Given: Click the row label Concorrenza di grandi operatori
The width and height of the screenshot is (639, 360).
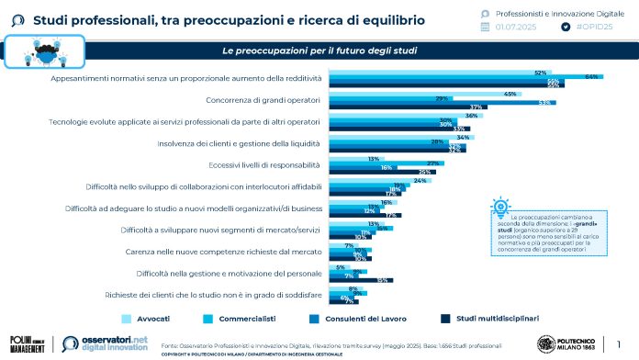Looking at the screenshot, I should point(260,98).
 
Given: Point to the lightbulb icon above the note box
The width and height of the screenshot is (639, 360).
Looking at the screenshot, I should point(500,206).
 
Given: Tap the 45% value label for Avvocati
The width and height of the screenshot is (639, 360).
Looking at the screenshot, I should point(509,94).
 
